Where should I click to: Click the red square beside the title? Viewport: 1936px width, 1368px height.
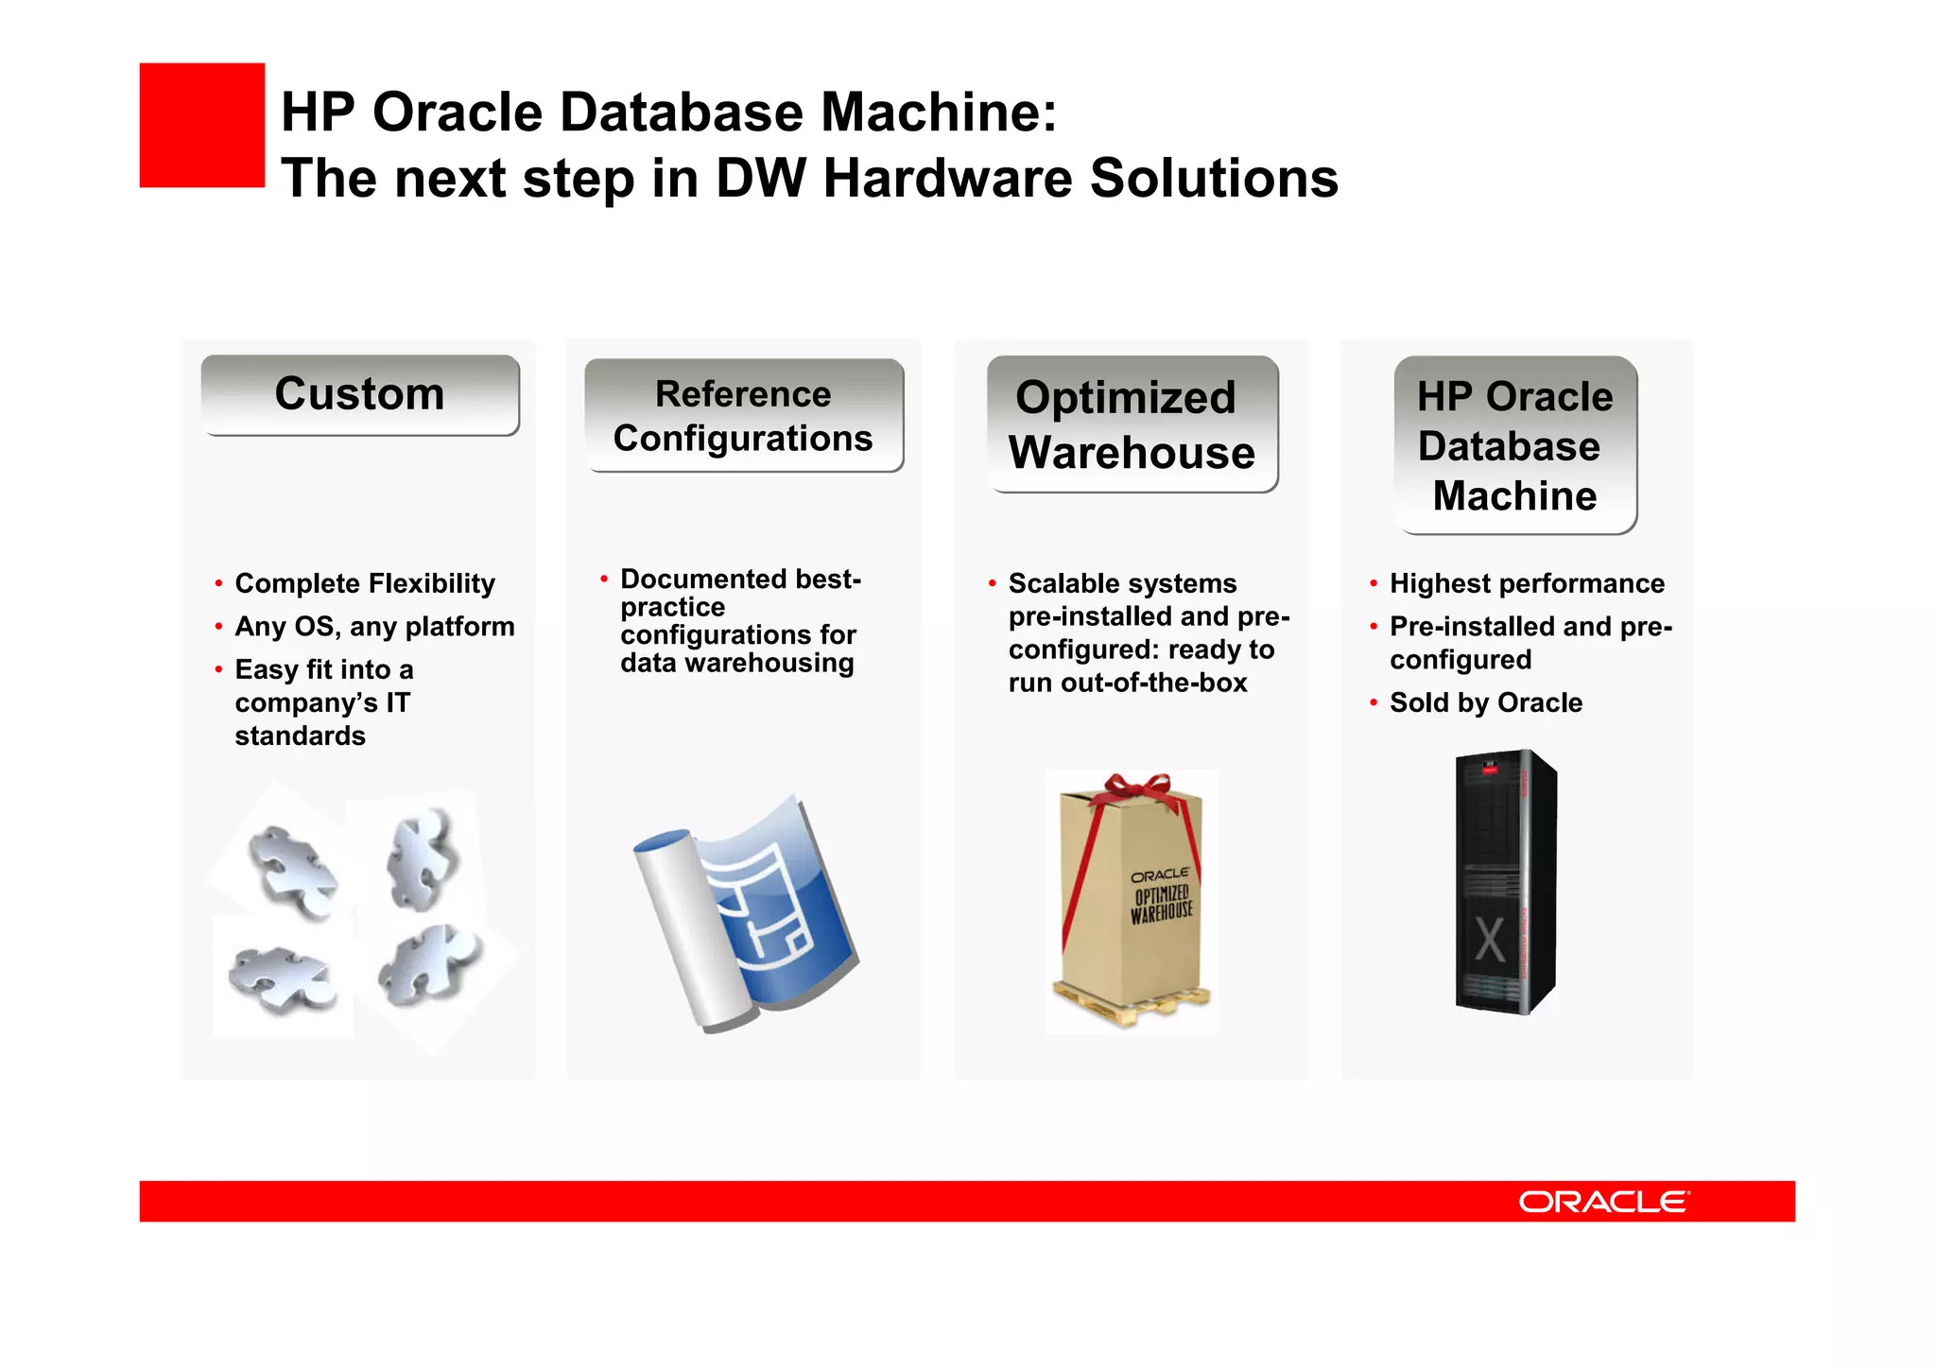coord(201,125)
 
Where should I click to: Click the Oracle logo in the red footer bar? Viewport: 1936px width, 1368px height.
coord(1603,1202)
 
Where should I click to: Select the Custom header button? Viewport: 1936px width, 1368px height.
coord(360,394)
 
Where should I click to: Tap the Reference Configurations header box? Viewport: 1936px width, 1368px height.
coord(743,416)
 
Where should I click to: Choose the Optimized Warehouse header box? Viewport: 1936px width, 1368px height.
coord(1132,424)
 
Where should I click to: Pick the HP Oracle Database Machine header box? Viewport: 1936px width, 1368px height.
coord(1514,445)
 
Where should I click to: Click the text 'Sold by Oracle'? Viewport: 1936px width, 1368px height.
coord(1485,702)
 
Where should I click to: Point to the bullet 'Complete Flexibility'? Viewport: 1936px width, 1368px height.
coord(364,583)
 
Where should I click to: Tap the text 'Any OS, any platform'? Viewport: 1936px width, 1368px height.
coord(374,627)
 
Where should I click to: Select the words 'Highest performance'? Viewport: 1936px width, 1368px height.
coord(1527,583)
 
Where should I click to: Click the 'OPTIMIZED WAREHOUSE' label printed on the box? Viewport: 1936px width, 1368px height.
coord(1161,903)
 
